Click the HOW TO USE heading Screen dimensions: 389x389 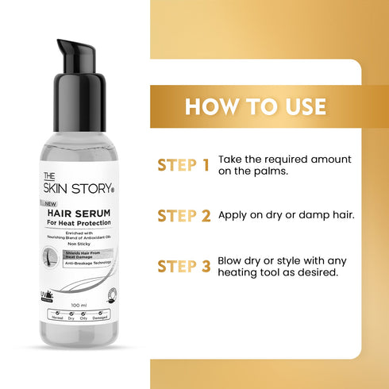point(256,107)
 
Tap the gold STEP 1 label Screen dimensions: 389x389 point(183,165)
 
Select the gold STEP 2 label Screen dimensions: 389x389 point(183,215)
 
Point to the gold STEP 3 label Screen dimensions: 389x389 point(183,265)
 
